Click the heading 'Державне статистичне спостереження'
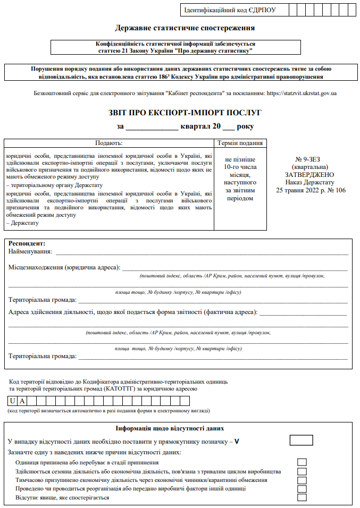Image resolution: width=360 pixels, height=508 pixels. [185, 28]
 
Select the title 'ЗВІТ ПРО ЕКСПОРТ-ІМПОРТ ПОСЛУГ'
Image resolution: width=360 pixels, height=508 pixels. [185, 113]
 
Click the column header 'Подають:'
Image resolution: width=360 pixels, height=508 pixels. [108, 143]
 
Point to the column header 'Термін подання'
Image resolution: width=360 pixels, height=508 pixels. [240, 143]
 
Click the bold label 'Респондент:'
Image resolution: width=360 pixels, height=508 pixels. [27, 243]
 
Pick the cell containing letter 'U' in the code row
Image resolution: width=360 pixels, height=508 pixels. [13, 401]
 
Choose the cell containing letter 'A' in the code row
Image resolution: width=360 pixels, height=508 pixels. [23, 401]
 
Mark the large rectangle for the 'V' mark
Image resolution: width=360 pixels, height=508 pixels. [302, 440]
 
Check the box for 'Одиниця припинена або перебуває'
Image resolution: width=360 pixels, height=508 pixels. [302, 462]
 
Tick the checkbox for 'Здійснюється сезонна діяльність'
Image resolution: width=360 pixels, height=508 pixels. [302, 471]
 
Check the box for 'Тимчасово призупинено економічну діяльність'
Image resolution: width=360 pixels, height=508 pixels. [302, 480]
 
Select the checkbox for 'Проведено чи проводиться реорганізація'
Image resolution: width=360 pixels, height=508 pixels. [302, 489]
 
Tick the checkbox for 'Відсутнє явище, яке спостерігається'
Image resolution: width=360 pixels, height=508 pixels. [302, 497]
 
